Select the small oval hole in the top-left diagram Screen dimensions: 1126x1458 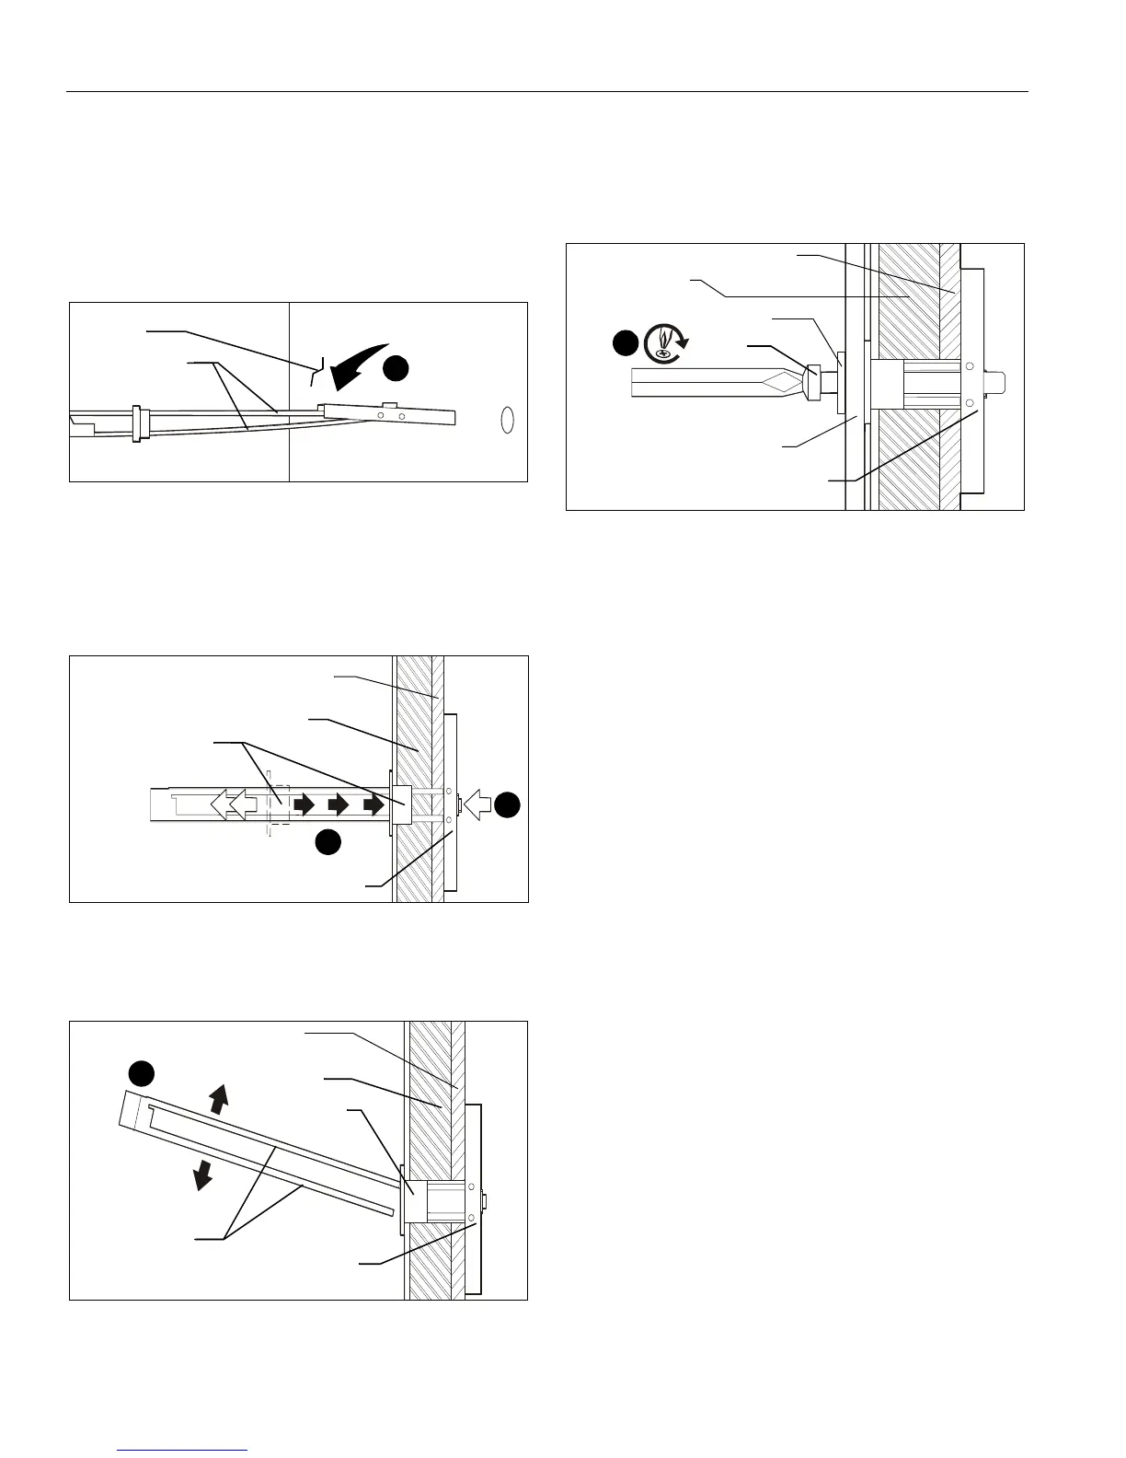(506, 419)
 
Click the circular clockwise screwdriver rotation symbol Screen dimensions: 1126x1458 (663, 341)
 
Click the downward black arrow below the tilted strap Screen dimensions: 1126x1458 (201, 1174)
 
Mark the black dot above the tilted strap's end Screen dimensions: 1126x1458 (140, 1073)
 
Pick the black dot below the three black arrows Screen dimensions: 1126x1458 (328, 841)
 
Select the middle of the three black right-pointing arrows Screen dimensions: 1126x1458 (339, 804)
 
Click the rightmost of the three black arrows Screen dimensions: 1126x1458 (373, 804)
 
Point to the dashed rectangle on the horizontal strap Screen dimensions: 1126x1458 (277, 804)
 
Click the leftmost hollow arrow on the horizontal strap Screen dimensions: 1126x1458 (222, 804)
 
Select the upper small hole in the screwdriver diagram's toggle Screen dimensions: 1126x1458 (970, 366)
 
